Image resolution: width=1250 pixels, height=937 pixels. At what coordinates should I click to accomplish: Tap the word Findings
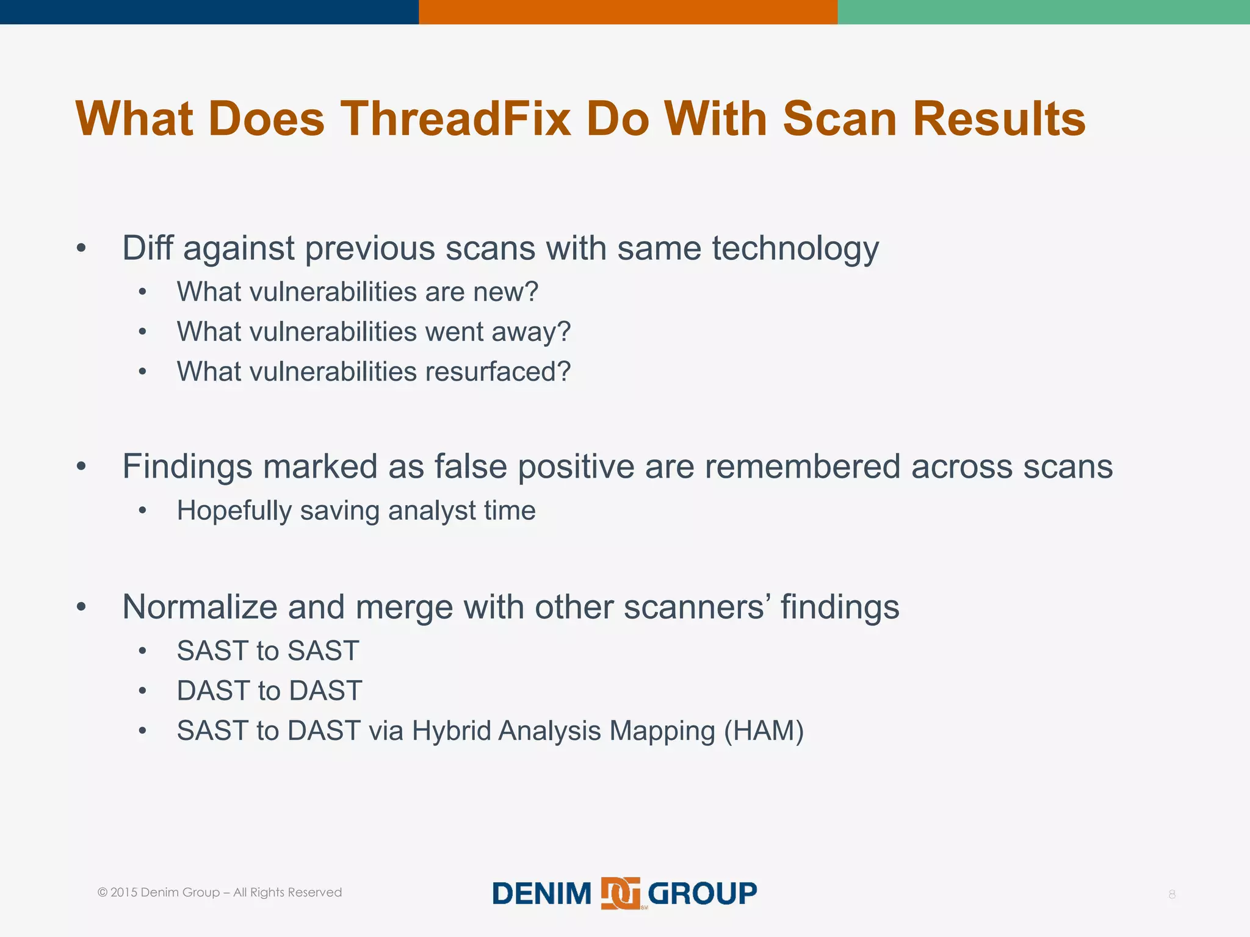tap(187, 467)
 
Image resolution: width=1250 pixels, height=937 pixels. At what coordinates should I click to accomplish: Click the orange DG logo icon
tap(620, 894)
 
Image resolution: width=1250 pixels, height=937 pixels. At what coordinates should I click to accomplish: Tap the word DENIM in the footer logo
tap(542, 894)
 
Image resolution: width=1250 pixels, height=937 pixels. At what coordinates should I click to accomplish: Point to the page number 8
tap(1172, 894)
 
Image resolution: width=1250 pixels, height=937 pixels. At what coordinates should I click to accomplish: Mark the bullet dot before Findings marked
tap(81, 467)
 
